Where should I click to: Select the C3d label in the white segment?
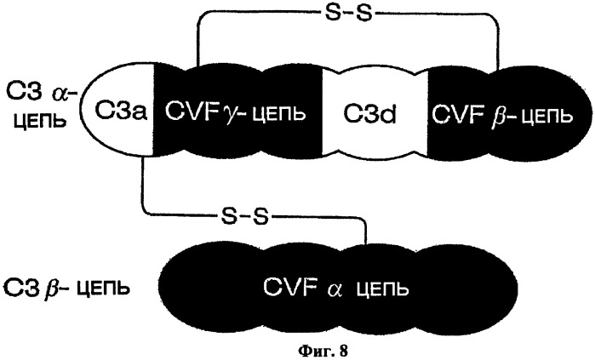coord(369,114)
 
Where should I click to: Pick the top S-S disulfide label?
coord(347,14)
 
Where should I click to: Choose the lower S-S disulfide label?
coord(244,217)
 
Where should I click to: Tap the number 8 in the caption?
coord(343,350)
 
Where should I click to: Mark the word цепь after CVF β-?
coord(546,116)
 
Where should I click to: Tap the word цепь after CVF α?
coord(382,290)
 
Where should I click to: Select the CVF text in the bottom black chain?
coord(290,287)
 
